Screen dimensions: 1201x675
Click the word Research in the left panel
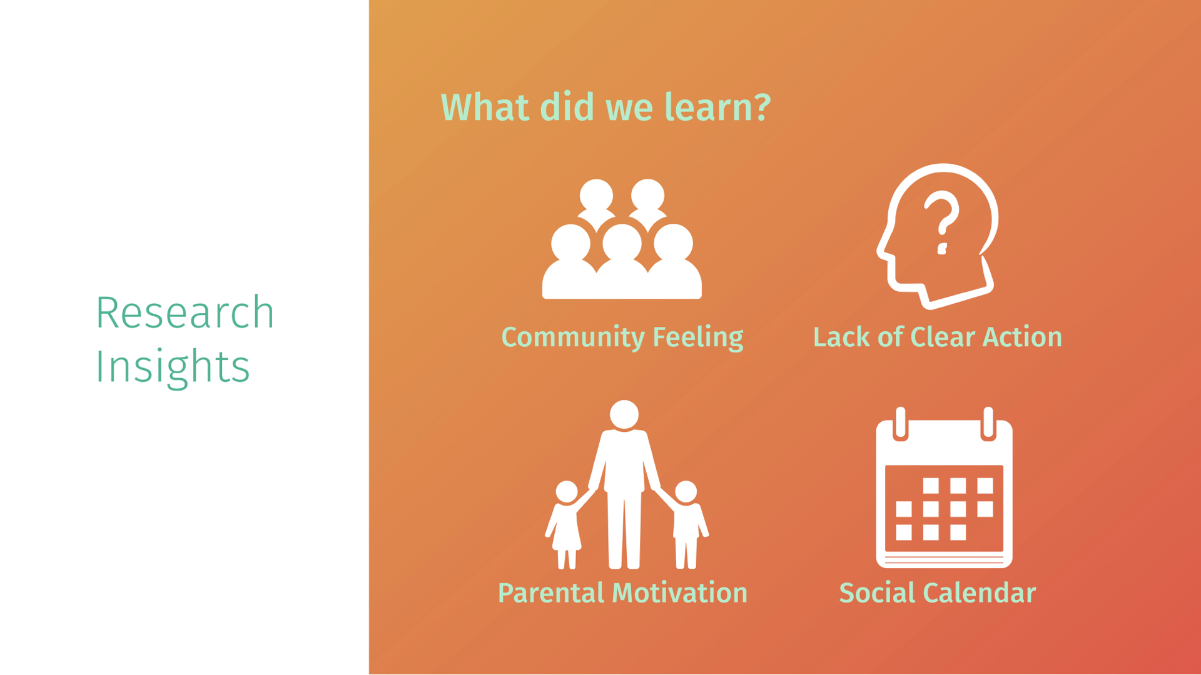(x=185, y=312)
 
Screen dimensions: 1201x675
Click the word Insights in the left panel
(x=173, y=367)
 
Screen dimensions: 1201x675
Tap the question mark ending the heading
(x=763, y=107)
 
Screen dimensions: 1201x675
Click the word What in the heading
(x=486, y=107)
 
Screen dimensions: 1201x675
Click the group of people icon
(x=622, y=239)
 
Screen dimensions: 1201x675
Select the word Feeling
(x=698, y=338)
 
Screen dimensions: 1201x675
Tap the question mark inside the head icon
(x=942, y=222)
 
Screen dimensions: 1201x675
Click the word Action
(x=1023, y=337)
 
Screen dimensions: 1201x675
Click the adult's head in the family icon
(x=624, y=415)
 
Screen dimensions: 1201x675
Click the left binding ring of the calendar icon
(x=901, y=424)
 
